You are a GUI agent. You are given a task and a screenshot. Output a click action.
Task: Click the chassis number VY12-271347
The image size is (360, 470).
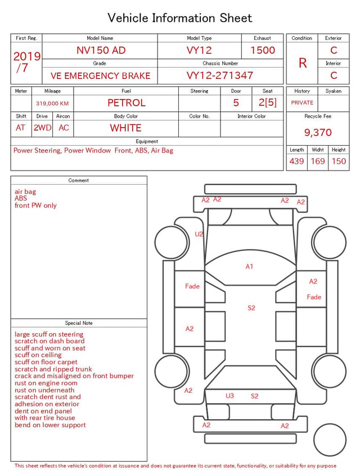coord(220,75)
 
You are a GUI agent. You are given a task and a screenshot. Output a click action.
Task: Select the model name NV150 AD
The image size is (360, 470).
coord(101,50)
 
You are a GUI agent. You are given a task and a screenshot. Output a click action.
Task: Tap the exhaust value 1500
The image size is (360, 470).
coord(263,50)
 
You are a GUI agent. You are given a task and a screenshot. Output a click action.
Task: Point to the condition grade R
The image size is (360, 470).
coord(303,63)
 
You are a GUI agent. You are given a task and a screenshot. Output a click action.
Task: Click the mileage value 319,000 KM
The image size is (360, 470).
coord(52,104)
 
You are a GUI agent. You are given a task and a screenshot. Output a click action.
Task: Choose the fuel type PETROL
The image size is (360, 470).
coord(127,103)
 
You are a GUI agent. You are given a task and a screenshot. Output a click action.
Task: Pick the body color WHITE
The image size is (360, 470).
coord(125,128)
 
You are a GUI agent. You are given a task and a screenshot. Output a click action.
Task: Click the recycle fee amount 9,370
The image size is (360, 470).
coord(318,132)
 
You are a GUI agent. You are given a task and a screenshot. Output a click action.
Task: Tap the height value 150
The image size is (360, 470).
coord(339,161)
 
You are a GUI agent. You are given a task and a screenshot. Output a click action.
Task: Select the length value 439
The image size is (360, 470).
coord(296,161)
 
